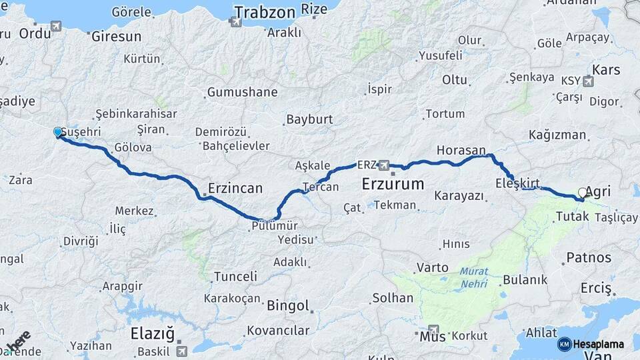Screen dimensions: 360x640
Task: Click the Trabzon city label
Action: pyautogui.click(x=264, y=11)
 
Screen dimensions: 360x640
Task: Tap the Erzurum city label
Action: pyautogui.click(x=393, y=183)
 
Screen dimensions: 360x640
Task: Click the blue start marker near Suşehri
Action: pyautogui.click(x=58, y=133)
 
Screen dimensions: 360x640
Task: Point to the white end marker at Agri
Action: pyautogui.click(x=583, y=193)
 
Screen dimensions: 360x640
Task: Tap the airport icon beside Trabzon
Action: pyautogui.click(x=235, y=22)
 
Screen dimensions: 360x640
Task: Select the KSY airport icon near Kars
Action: pyautogui.click(x=588, y=81)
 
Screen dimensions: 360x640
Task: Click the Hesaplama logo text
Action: pyautogui.click(x=600, y=344)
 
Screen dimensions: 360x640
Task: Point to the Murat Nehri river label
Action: pyautogui.click(x=473, y=278)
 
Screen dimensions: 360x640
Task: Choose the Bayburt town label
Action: pyautogui.click(x=309, y=120)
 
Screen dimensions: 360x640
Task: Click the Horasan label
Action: pyautogui.click(x=461, y=150)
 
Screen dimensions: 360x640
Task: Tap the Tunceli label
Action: pyautogui.click(x=235, y=276)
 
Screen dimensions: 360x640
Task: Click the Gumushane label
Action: pyautogui.click(x=242, y=92)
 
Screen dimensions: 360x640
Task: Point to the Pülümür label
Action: pyautogui.click(x=274, y=225)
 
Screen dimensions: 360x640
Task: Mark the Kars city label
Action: pyautogui.click(x=606, y=69)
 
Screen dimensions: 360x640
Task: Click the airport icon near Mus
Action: pyautogui.click(x=435, y=329)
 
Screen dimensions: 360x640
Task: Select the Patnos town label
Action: pyautogui.click(x=589, y=257)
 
